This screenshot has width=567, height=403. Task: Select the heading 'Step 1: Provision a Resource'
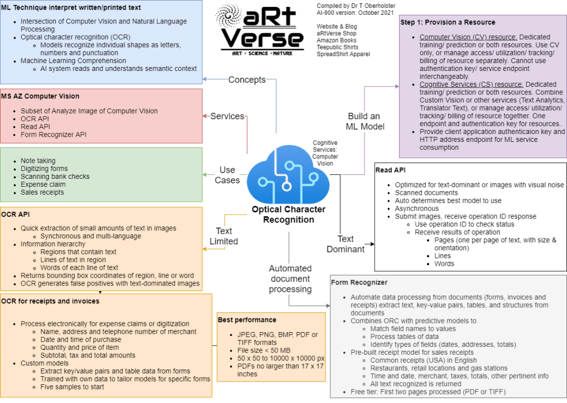tap(447, 22)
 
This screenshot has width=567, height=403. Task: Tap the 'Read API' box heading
tap(391, 170)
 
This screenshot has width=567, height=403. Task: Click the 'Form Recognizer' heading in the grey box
tap(359, 282)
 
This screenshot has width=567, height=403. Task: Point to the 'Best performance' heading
tap(247, 320)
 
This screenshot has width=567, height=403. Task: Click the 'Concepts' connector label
tap(247, 79)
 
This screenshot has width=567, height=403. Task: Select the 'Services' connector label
tap(227, 116)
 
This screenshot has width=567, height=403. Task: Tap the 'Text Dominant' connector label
tap(345, 244)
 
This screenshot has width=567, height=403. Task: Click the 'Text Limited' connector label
tap(224, 236)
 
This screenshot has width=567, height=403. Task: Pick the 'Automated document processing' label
tap(290, 278)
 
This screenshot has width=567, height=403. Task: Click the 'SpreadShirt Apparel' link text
tap(343, 54)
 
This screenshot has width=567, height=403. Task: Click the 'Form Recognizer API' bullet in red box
tap(53, 135)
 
